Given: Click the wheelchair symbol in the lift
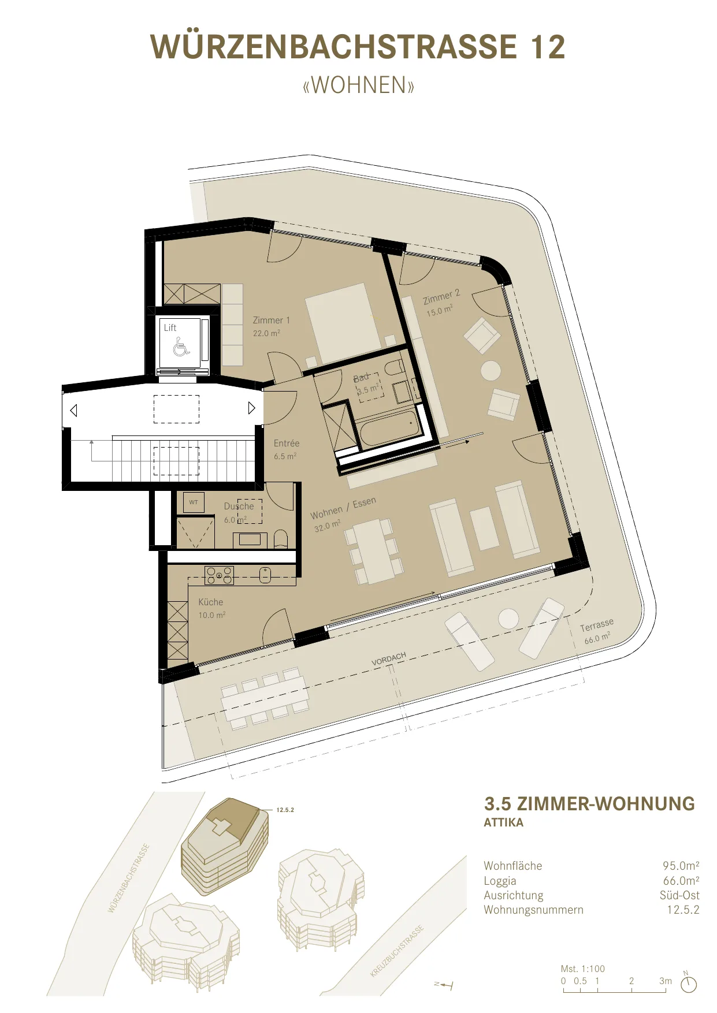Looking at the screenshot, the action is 181,348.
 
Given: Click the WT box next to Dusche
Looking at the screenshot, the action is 194,502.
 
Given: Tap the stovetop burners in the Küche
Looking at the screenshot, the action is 220,575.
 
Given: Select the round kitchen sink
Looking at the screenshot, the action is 265,575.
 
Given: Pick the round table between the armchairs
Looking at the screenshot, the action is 491,371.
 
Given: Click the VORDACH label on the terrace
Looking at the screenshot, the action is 389,659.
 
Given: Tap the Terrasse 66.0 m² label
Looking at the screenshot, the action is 597,631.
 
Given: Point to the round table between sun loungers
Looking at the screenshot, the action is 508,619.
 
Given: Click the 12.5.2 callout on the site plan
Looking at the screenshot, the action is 285,810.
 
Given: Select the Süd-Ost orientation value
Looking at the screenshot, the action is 679,895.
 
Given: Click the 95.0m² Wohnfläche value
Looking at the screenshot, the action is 681,866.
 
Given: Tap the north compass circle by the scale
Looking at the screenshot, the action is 689,985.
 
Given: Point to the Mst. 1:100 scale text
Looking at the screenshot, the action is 583,969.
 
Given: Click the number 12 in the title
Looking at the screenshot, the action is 548,47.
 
